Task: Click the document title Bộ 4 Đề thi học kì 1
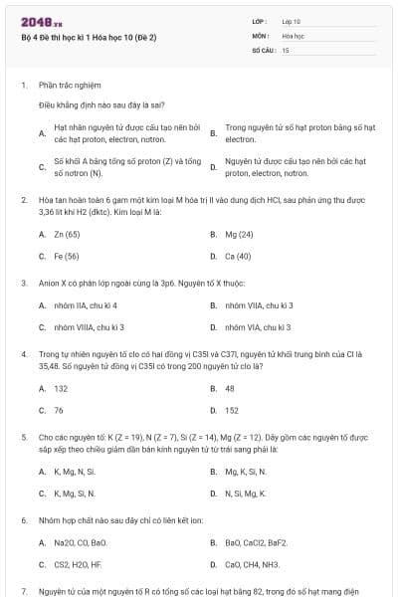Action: coord(89,38)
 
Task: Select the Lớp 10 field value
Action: coord(291,20)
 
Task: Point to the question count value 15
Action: coord(286,49)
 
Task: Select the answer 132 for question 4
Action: coord(61,389)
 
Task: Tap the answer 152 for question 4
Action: coord(232,410)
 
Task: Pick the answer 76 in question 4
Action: coord(59,410)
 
